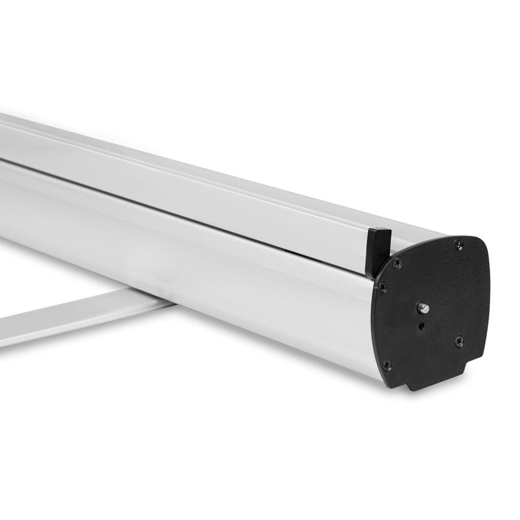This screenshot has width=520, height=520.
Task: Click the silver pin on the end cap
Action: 424,308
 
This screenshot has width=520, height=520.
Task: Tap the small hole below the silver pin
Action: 421,327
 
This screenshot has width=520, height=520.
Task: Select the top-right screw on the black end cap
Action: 458,243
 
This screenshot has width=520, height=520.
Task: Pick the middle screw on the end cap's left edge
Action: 383,286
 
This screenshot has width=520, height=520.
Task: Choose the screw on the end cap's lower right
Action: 459,341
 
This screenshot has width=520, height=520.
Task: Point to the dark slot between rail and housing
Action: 208,202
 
